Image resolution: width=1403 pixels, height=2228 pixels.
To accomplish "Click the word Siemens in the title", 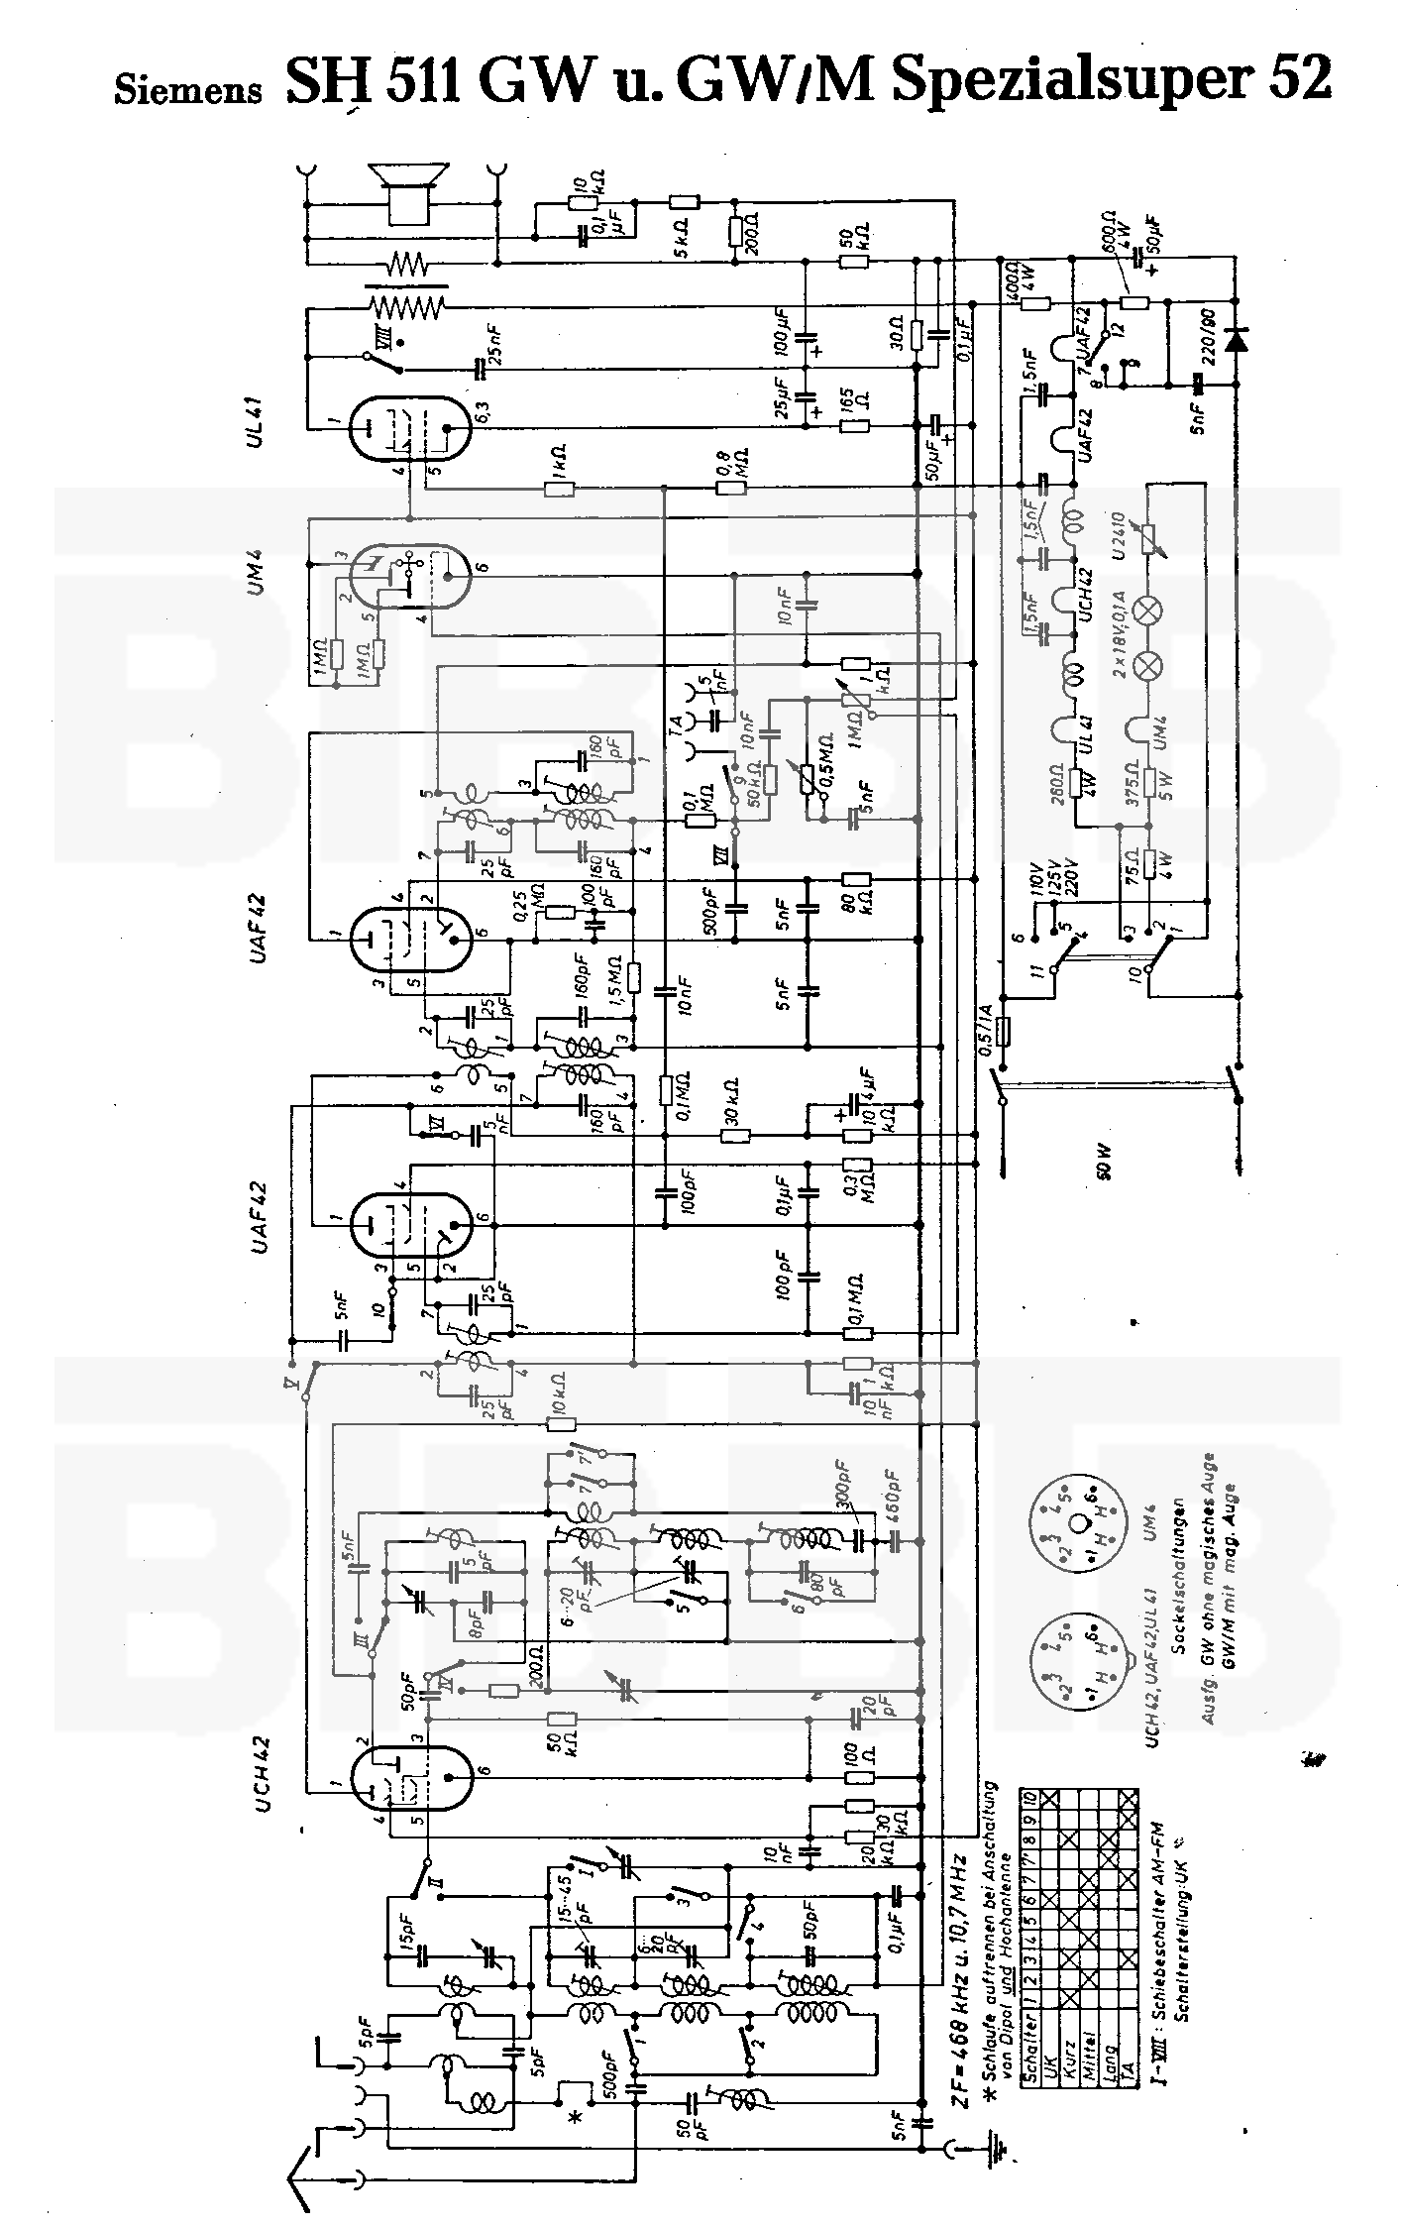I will (188, 90).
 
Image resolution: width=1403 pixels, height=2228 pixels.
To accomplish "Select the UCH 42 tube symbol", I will (412, 1788).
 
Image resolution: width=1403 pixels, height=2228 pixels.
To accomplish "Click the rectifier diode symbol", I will (1236, 339).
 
